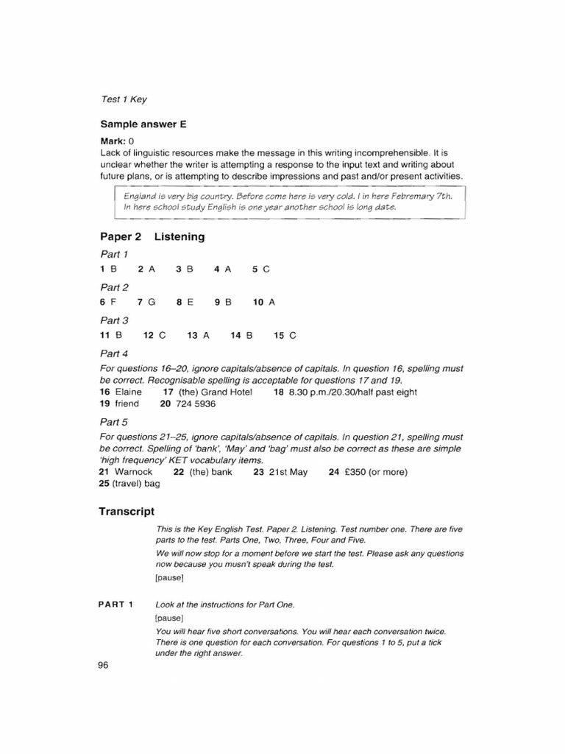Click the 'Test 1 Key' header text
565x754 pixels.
(x=124, y=99)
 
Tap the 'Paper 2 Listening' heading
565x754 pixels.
(x=152, y=236)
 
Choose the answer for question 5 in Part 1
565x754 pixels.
(x=266, y=269)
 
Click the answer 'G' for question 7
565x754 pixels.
(x=152, y=302)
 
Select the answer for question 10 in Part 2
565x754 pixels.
(x=271, y=302)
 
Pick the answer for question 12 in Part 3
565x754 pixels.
(x=162, y=335)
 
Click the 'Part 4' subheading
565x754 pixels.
(x=114, y=353)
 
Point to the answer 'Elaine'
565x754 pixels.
(x=128, y=392)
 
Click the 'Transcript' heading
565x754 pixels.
(x=127, y=511)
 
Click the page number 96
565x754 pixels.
(x=103, y=666)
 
